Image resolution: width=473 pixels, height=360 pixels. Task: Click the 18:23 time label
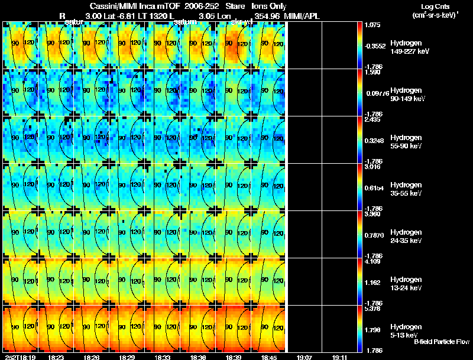tap(57, 357)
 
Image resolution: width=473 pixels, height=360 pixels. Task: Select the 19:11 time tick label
tap(339, 357)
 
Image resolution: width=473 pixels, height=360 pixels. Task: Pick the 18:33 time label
tap(161, 357)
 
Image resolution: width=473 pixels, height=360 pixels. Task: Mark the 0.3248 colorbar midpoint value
tap(374, 141)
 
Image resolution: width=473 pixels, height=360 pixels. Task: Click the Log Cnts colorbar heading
tap(435, 7)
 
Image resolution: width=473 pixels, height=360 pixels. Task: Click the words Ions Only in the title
tap(269, 7)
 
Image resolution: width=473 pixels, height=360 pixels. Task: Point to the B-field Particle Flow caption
tap(442, 342)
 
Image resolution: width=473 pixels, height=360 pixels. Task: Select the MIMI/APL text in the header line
tap(302, 16)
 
